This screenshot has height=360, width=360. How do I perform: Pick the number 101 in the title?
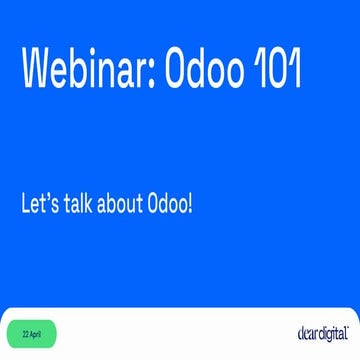[273, 70]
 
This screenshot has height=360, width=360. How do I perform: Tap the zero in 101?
[273, 70]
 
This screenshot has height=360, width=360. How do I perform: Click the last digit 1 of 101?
[294, 70]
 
